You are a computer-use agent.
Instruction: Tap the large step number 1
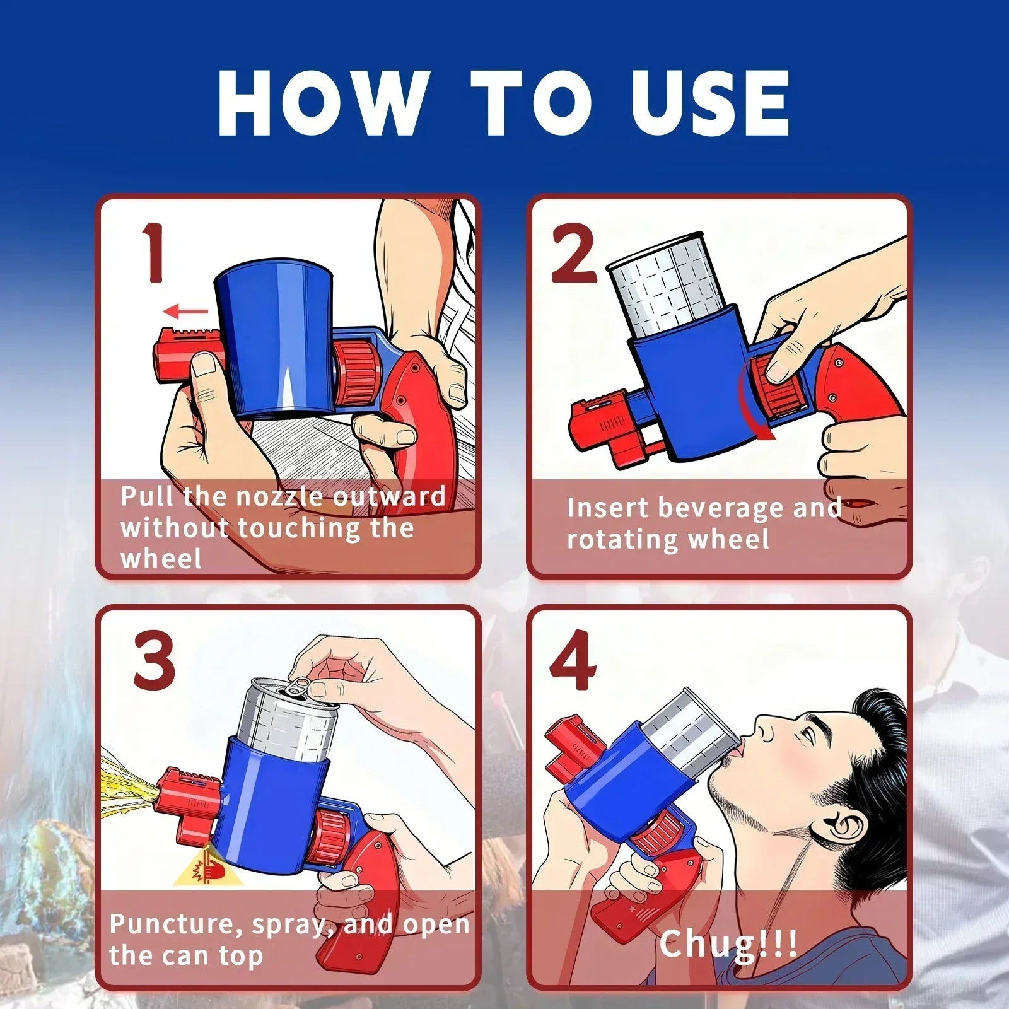(x=153, y=253)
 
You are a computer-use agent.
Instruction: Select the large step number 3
(x=154, y=662)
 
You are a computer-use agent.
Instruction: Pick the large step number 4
(x=572, y=662)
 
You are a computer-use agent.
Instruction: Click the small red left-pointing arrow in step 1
(x=185, y=311)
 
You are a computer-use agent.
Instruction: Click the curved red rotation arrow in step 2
(x=750, y=404)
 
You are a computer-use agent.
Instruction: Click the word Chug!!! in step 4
(x=728, y=944)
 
